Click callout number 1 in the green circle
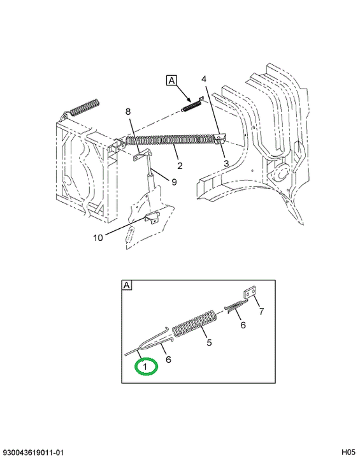pos(145,366)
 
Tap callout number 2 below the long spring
pos(180,165)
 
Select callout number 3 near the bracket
pos(226,163)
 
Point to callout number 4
pos(204,79)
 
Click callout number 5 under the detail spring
pos(209,342)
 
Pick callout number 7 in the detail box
pos(261,311)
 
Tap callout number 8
pos(128,112)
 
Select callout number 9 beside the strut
pos(174,182)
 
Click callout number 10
pos(98,238)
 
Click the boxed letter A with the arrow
pos(171,80)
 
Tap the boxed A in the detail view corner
pos(127,285)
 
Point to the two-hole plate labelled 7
pos(250,293)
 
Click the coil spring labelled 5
pos(195,324)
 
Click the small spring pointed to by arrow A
pos(191,105)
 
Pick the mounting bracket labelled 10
pos(152,218)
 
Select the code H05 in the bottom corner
pos(348,452)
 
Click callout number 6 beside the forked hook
pos(168,359)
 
